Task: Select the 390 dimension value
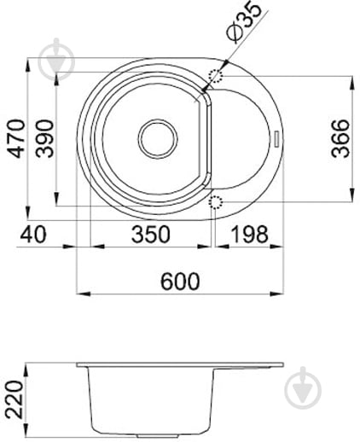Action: pyautogui.click(x=44, y=138)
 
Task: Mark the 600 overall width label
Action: pyautogui.click(x=180, y=281)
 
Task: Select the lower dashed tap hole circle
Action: pyautogui.click(x=216, y=201)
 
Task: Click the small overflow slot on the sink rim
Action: pyautogui.click(x=276, y=137)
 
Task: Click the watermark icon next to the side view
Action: pyautogui.click(x=302, y=388)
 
